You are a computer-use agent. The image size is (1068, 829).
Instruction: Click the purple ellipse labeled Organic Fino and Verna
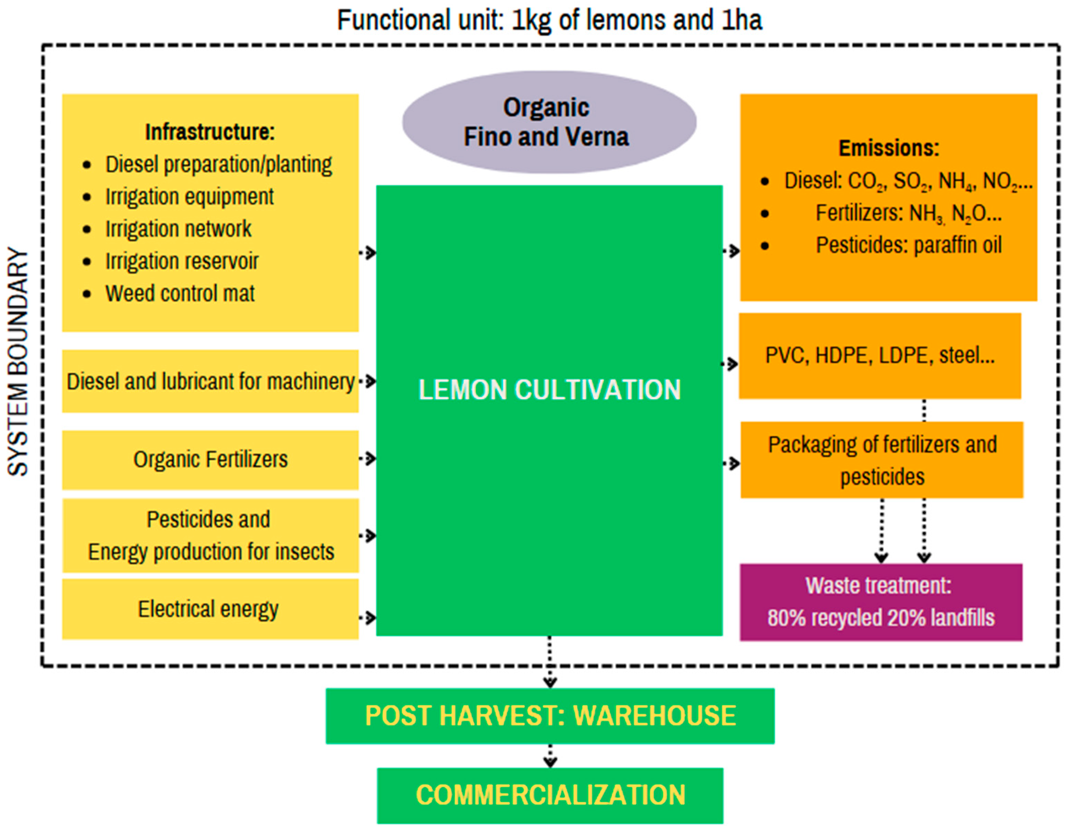pyautogui.click(x=549, y=122)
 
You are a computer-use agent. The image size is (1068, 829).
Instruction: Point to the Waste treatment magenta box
pyautogui.click(x=880, y=602)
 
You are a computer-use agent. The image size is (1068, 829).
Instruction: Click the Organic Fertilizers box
pyautogui.click(x=210, y=459)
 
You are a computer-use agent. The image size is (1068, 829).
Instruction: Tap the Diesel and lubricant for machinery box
pyautogui.click(x=210, y=382)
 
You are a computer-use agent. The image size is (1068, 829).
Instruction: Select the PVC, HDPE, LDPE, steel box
pyautogui.click(x=879, y=356)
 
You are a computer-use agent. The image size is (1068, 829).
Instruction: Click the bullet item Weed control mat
pyautogui.click(x=180, y=294)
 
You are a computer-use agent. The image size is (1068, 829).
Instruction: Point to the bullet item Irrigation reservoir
pyautogui.click(x=182, y=261)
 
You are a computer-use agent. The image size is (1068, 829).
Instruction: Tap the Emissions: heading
pyautogui.click(x=888, y=148)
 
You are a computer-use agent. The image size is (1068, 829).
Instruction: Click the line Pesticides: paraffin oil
pyautogui.click(x=908, y=245)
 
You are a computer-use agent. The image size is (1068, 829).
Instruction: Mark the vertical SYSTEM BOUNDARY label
pyautogui.click(x=18, y=362)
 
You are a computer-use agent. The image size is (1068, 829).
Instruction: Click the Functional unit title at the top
pyautogui.click(x=549, y=20)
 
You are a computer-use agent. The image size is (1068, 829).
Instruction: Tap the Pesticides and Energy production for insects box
pyautogui.click(x=210, y=536)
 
